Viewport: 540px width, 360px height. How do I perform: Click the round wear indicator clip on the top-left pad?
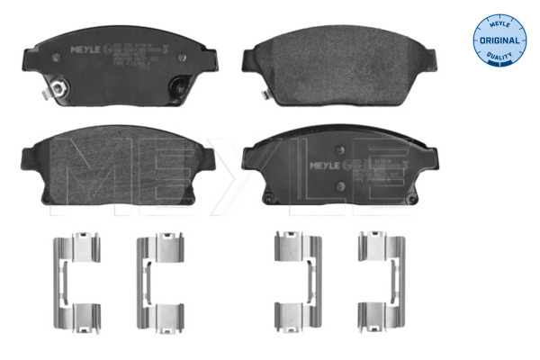tap(54, 90)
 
